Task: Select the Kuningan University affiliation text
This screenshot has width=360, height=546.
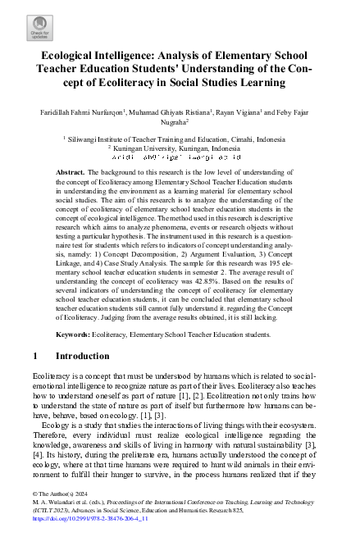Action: (x=168, y=148)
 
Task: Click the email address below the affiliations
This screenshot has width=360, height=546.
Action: (x=180, y=157)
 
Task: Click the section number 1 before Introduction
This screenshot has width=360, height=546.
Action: (x=34, y=380)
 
